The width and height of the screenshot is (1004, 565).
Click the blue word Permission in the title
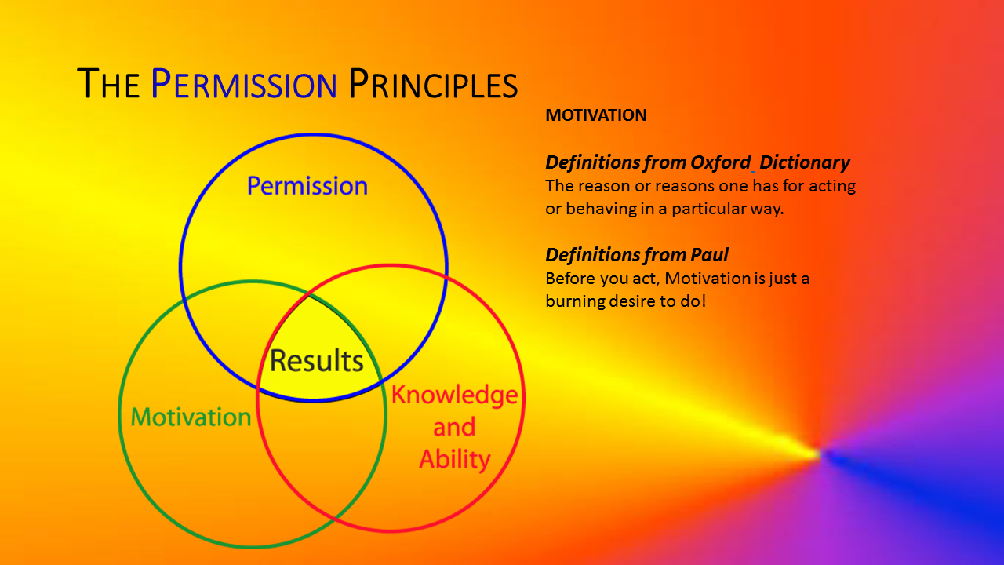tap(243, 83)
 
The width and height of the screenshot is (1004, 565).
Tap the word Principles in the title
tap(433, 83)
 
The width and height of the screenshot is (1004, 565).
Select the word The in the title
tap(108, 83)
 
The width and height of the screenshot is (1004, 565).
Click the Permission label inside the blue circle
tap(307, 186)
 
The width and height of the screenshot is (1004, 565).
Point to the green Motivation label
tap(191, 417)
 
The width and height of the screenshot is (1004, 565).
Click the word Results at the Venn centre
tap(316, 360)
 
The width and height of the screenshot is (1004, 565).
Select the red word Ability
tap(454, 459)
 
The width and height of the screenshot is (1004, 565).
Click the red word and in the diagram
tap(454, 427)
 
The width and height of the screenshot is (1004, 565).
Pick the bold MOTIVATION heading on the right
tap(596, 115)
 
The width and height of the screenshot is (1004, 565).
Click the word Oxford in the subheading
tap(720, 162)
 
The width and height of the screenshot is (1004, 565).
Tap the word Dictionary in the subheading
tap(805, 162)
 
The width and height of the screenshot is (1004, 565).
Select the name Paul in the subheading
tap(709, 255)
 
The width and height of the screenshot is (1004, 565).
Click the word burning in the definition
tap(575, 301)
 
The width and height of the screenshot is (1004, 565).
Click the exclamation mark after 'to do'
tap(704, 301)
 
